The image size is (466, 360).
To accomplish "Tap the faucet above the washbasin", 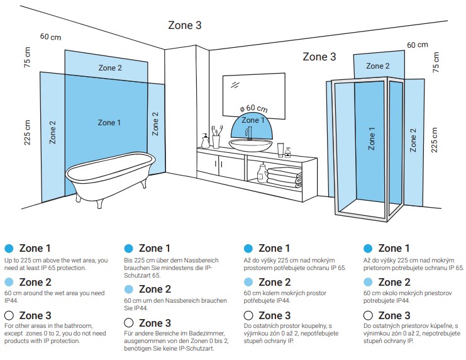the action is tap(249, 133).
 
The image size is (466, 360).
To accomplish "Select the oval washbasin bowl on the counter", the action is tap(250, 145).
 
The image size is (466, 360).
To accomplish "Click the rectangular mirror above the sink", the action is tap(254, 95).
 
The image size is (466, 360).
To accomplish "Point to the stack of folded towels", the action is tap(285, 177).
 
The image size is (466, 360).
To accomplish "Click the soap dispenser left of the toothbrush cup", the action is tap(206, 141).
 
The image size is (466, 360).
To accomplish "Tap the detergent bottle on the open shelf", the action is tap(262, 174).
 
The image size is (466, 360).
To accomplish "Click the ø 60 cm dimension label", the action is tap(254, 108).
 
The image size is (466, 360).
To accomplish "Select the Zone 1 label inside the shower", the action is tap(372, 138).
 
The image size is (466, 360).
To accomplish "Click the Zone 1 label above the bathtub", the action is tap(109, 123).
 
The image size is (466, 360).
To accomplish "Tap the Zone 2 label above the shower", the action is tap(378, 65).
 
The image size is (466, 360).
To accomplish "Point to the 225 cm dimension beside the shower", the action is tap(434, 140).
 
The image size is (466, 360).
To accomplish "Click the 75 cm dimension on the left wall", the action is tap(27, 57).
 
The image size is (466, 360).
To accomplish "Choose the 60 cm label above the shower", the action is tap(418, 45).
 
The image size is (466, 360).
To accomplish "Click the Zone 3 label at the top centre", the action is tap(185, 25).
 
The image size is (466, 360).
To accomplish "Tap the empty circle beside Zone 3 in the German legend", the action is tap(129, 322).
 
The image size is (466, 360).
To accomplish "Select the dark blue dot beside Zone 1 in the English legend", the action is tap(9, 248).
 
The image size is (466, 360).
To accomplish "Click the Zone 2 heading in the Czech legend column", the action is tap(275, 282).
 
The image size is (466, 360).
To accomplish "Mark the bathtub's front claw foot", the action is tap(99, 204).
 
